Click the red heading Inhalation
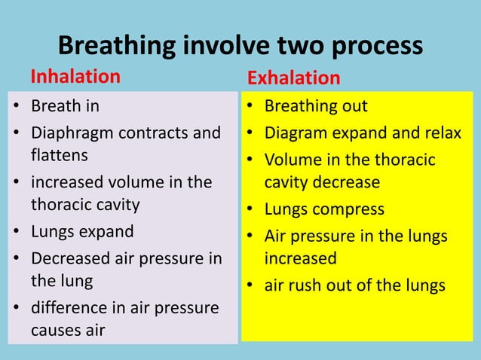coord(75,77)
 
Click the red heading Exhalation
coord(293,78)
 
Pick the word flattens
coord(59,156)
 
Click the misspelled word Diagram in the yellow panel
coord(296,134)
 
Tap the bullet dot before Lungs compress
coord(250,209)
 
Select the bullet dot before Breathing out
coord(250,107)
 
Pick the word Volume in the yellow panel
coord(290,160)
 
